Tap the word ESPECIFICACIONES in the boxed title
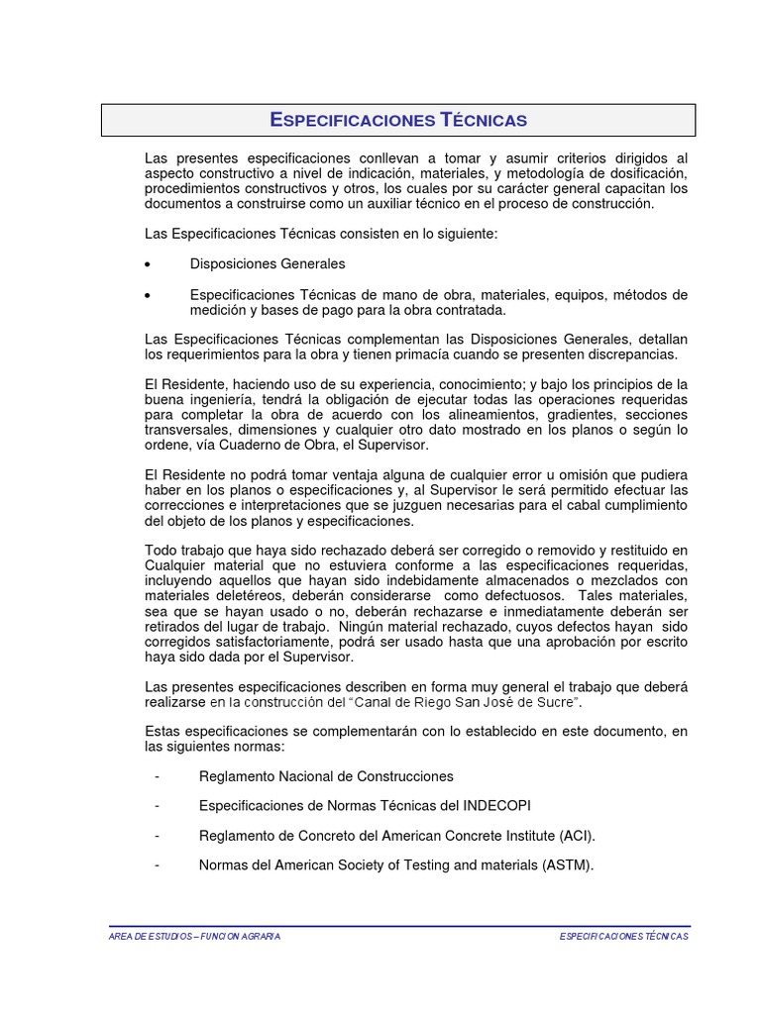pos(353,121)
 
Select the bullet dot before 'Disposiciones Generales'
pos(148,265)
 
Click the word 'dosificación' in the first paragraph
pos(644,173)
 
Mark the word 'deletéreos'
pos(245,597)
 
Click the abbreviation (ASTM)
pos(567,865)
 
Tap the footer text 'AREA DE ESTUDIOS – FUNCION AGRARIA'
pos(194,937)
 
